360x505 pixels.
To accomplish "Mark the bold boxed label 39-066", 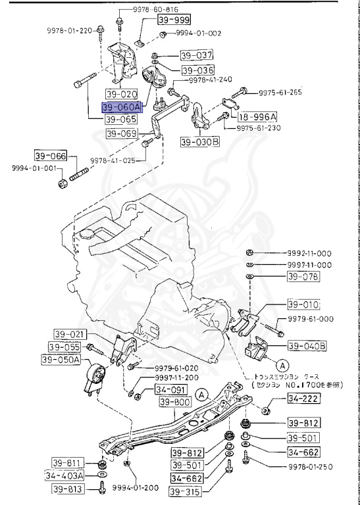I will point(51,156).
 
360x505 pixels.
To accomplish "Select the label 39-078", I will point(302,277).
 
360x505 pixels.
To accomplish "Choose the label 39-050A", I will point(61,360).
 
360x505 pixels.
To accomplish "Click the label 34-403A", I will point(64,475).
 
